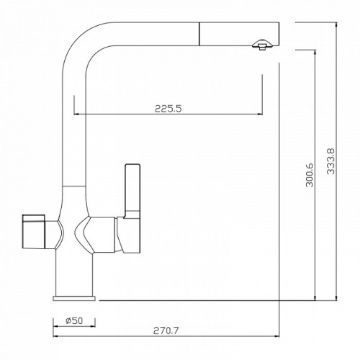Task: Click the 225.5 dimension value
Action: click(x=168, y=109)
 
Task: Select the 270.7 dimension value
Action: click(x=166, y=330)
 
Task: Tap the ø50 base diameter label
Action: click(x=74, y=320)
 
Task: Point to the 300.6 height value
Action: click(x=310, y=175)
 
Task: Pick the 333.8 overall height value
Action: click(x=330, y=161)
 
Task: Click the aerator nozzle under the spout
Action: click(x=262, y=45)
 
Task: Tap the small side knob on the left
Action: click(x=33, y=231)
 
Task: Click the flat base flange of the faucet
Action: click(x=74, y=298)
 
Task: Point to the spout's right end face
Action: click(x=279, y=34)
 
